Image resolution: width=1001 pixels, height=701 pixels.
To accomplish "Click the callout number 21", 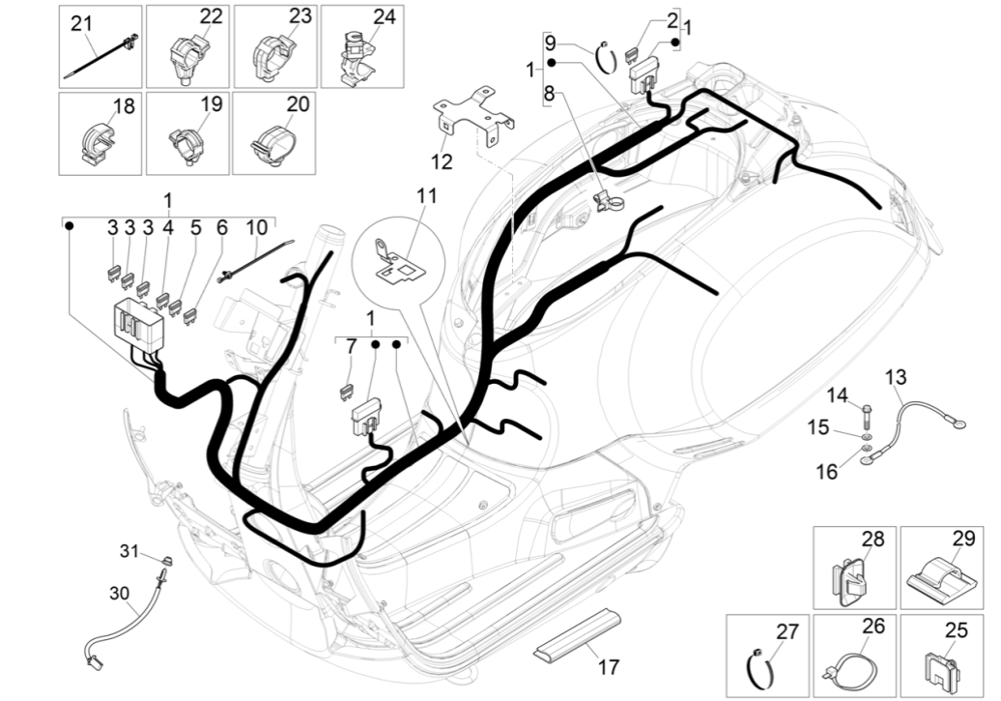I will point(81,22).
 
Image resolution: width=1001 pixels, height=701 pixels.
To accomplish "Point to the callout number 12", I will point(442,161).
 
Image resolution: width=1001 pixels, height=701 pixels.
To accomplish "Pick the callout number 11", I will point(427,195).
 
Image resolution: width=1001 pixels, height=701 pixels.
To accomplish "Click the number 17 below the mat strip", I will point(608,667).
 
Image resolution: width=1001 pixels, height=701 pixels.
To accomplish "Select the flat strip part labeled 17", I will point(578,632).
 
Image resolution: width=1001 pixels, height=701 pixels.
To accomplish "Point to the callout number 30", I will point(119,593).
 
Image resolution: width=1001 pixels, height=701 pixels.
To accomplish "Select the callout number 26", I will point(872,626).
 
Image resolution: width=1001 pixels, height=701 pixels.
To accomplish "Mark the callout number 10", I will point(256,228).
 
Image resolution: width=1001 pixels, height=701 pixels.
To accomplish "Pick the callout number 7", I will point(351,345).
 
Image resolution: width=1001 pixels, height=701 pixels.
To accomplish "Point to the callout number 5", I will point(195,228).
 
